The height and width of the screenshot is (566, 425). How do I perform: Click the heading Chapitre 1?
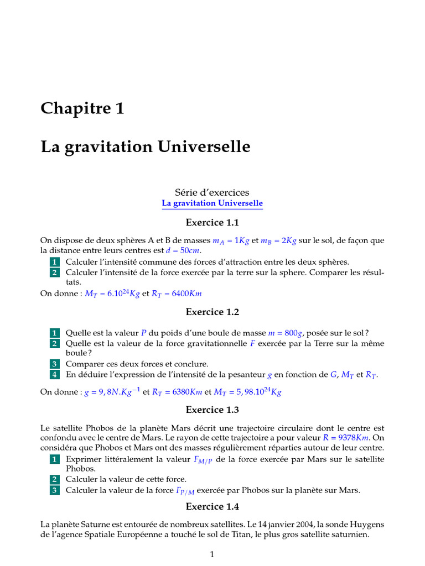82,109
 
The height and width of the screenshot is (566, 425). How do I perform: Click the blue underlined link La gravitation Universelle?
212,203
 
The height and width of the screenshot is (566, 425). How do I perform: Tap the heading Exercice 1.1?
212,223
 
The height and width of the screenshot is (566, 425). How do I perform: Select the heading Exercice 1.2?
212,312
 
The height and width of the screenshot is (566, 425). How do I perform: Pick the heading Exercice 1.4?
212,506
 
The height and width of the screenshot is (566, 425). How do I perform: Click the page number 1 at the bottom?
212,554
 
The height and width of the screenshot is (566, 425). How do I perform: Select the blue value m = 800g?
286,333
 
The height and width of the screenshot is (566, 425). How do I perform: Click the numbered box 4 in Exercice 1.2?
54,375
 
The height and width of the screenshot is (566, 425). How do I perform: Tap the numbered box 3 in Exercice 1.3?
54,490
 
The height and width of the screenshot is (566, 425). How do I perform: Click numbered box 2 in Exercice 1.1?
54,272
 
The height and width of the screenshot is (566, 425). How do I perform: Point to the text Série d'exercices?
212,192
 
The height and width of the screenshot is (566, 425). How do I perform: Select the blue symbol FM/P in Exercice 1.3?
203,460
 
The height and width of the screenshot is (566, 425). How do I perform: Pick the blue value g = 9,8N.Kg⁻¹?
112,392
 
